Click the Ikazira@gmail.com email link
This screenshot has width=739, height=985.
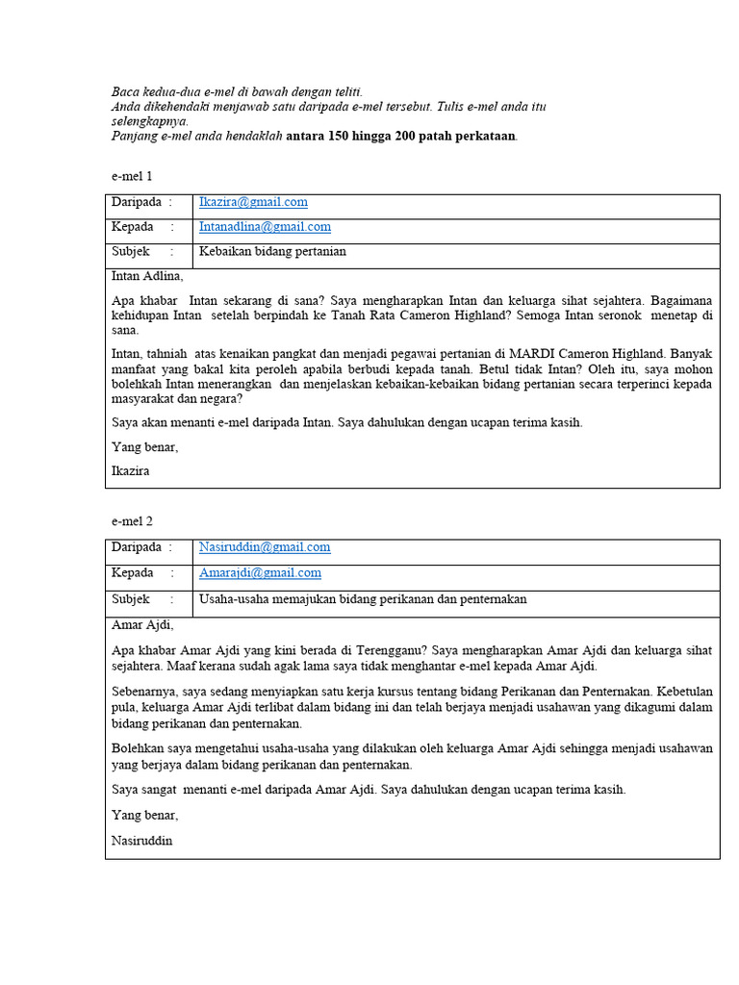[253, 202]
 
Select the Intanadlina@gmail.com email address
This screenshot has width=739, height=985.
[265, 227]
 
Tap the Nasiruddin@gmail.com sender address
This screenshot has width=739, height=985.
[265, 547]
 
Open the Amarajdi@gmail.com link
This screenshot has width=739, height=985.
[260, 572]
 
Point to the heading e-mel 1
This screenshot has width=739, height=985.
[132, 176]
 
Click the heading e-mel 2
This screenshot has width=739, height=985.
[132, 521]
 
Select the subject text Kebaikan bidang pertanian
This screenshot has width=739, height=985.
[272, 252]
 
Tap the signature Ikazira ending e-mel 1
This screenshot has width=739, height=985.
[131, 471]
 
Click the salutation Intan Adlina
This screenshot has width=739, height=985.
[146, 276]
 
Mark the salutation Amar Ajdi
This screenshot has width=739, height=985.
[142, 623]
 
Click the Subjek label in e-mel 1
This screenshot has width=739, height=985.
[131, 252]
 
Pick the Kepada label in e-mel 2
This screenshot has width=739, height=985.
[133, 572]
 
